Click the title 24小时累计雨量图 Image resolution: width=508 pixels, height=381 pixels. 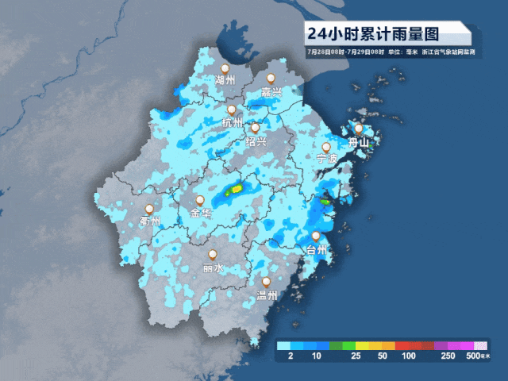coord(372,34)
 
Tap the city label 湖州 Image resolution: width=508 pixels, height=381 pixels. coord(225,81)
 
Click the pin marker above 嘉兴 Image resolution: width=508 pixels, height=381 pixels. coord(271,79)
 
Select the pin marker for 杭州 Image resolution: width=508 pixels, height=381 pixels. coord(231,110)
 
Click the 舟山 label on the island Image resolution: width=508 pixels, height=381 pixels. coord(360,143)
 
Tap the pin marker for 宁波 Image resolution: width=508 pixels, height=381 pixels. coord(325,147)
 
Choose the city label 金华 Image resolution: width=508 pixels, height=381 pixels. coord(201,214)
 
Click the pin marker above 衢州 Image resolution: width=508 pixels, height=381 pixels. coord(148,209)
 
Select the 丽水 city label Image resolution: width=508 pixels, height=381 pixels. coord(213,268)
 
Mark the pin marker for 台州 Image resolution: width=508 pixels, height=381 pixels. coord(316,236)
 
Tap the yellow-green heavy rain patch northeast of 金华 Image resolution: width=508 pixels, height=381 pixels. coord(235,190)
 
